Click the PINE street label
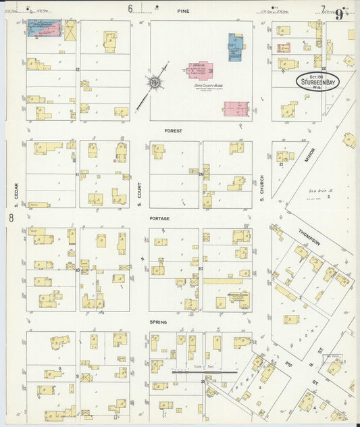coord(183,11)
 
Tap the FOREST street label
coord(174,130)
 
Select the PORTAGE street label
coord(160,218)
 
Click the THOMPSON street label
coord(311,237)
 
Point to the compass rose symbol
coord(155,82)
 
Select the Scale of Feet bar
coord(205,371)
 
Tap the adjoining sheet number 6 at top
coord(130,9)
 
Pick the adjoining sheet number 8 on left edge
coord(11,218)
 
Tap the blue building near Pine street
coord(236,48)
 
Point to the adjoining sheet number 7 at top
coord(323,9)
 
